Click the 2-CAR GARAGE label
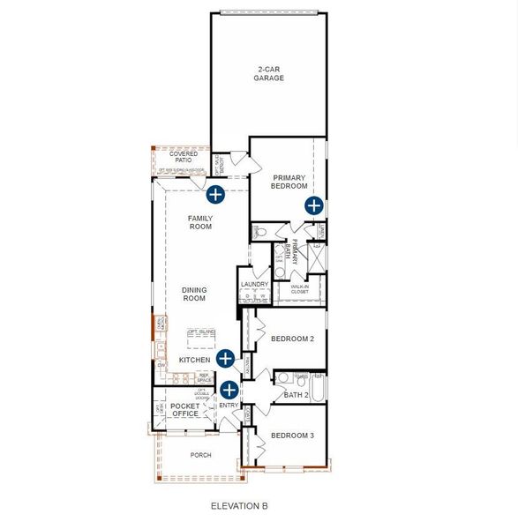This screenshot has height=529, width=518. pyautogui.click(x=269, y=73)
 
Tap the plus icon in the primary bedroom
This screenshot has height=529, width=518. pyautogui.click(x=314, y=205)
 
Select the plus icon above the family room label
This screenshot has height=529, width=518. pyautogui.click(x=214, y=193)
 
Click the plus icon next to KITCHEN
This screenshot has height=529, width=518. pyautogui.click(x=225, y=358)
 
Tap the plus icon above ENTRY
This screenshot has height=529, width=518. pyautogui.click(x=229, y=389)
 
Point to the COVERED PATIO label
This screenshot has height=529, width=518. pyautogui.click(x=183, y=157)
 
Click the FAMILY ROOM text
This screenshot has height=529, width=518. pyautogui.click(x=201, y=222)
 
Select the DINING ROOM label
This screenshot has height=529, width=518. pyautogui.click(x=194, y=294)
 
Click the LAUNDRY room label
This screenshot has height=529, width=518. pyautogui.click(x=254, y=284)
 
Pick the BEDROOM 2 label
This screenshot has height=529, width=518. pyautogui.click(x=292, y=339)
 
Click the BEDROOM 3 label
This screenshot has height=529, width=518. pyautogui.click(x=292, y=436)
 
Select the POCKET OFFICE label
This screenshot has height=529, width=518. pyautogui.click(x=186, y=409)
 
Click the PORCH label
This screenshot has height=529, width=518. pyautogui.click(x=201, y=455)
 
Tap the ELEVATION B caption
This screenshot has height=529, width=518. pyautogui.click(x=239, y=506)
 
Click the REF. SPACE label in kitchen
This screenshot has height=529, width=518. pyautogui.click(x=204, y=377)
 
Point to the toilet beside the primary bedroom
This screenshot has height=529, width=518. pyautogui.click(x=259, y=231)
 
